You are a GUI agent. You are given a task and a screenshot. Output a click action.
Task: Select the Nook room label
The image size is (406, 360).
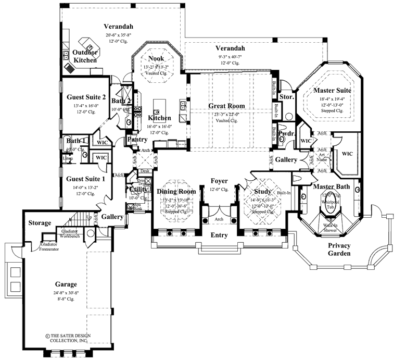(156, 59)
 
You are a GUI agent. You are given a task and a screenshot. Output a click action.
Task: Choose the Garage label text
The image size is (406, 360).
(66, 284)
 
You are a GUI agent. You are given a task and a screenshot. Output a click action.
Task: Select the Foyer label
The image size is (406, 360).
(219, 181)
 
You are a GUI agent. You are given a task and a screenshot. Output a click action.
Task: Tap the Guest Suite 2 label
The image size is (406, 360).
(86, 97)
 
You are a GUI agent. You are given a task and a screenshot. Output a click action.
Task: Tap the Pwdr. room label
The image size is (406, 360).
(287, 134)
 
